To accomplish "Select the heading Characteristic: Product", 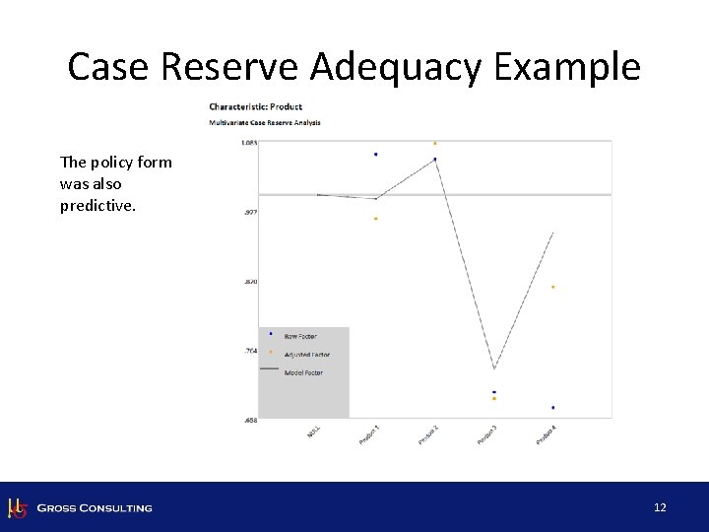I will (255, 106).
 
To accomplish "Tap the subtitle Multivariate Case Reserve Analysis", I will (265, 123).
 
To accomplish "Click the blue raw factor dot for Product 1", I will (375, 155).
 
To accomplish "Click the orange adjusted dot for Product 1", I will (375, 219).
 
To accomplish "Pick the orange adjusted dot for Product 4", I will (553, 287).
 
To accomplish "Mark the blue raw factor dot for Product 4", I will (553, 407).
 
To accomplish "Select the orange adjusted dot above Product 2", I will (434, 144).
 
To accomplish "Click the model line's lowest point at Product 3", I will (494, 368).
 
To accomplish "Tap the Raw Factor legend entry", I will (299, 337).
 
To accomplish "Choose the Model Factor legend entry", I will (302, 372).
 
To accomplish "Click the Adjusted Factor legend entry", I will (306, 355).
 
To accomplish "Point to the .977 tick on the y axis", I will (250, 212).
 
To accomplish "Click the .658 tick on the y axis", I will (250, 420).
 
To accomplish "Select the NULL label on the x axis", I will (314, 432).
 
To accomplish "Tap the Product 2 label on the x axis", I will (427, 433).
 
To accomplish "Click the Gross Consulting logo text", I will (95, 508).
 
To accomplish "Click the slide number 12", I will (660, 507).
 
